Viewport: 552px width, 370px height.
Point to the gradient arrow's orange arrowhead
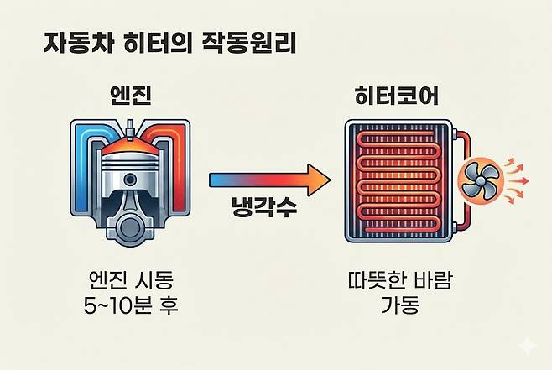(x=316, y=179)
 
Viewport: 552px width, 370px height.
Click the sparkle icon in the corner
(x=526, y=345)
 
